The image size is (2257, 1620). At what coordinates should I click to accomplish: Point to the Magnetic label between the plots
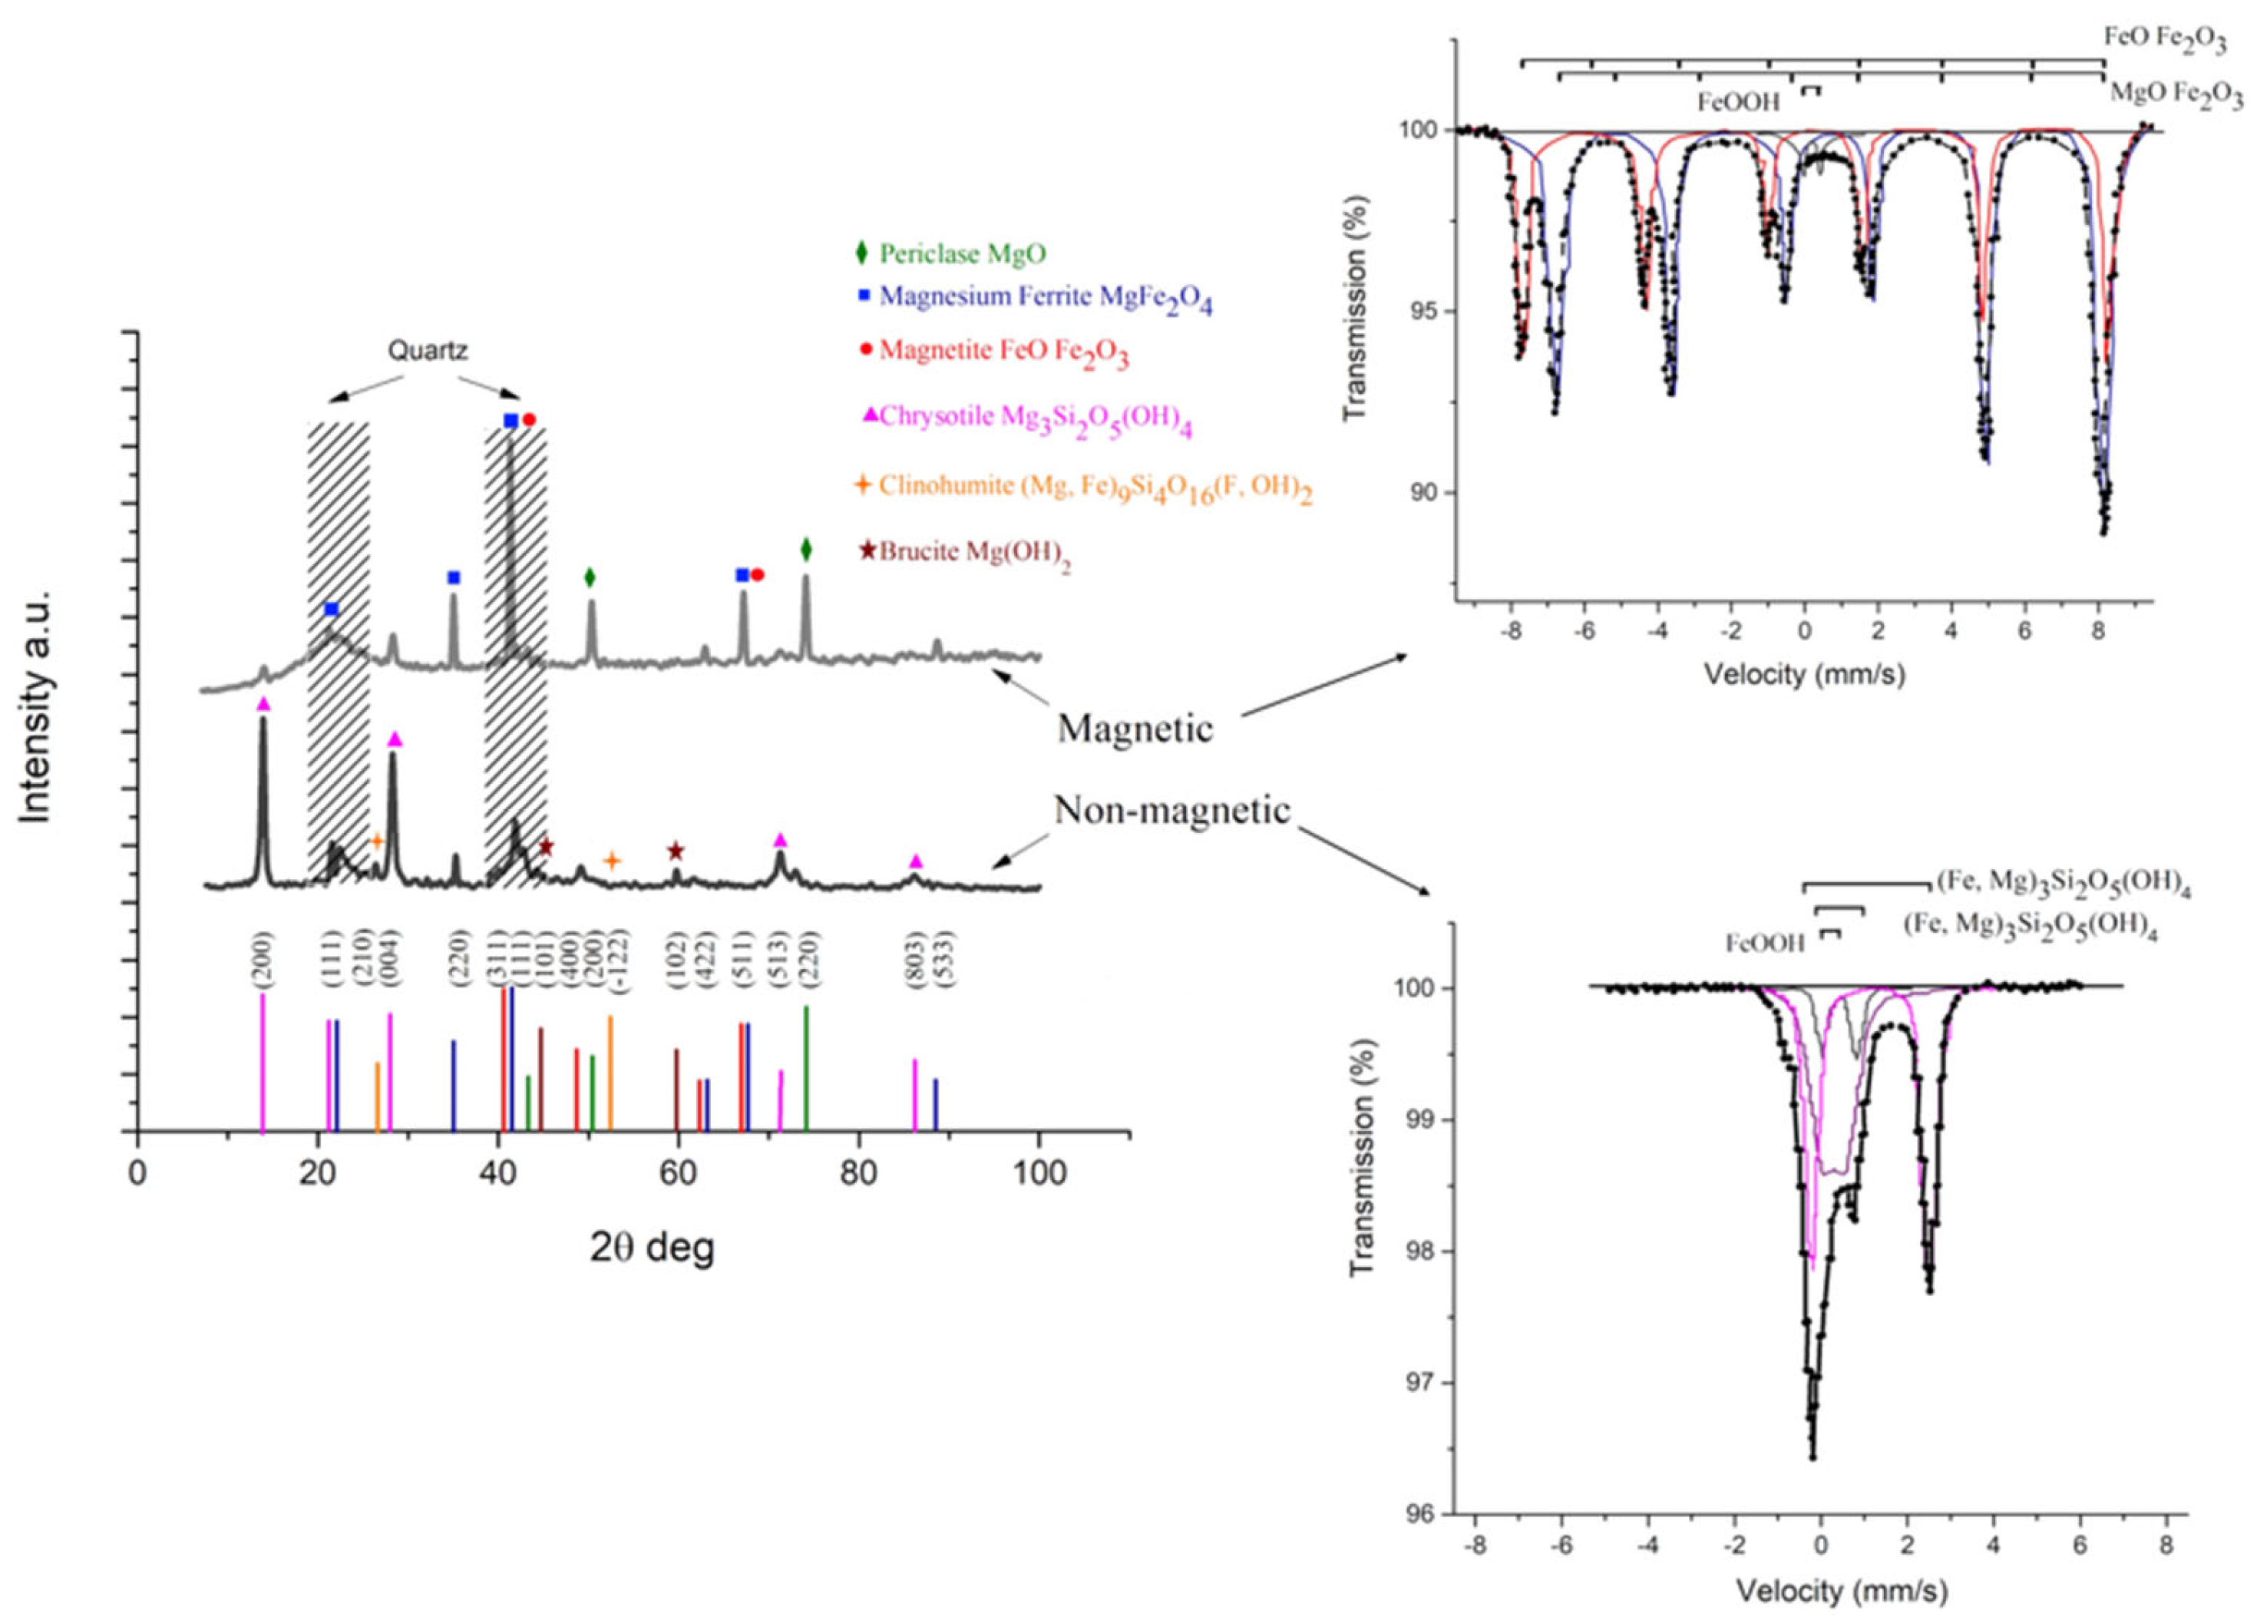click(x=1135, y=729)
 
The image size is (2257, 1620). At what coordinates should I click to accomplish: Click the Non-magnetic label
click(x=1171, y=811)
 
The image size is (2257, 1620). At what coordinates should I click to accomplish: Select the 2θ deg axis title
click(x=652, y=1246)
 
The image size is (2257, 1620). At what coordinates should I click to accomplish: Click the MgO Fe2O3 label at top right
click(x=2176, y=95)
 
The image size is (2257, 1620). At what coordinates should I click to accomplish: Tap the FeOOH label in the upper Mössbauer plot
click(x=1739, y=101)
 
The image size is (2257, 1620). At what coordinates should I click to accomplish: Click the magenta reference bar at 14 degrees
click(x=263, y=1063)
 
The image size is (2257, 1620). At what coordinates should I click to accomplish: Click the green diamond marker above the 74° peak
click(x=806, y=549)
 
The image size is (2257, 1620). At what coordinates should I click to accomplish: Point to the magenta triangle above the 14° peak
click(x=263, y=703)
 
